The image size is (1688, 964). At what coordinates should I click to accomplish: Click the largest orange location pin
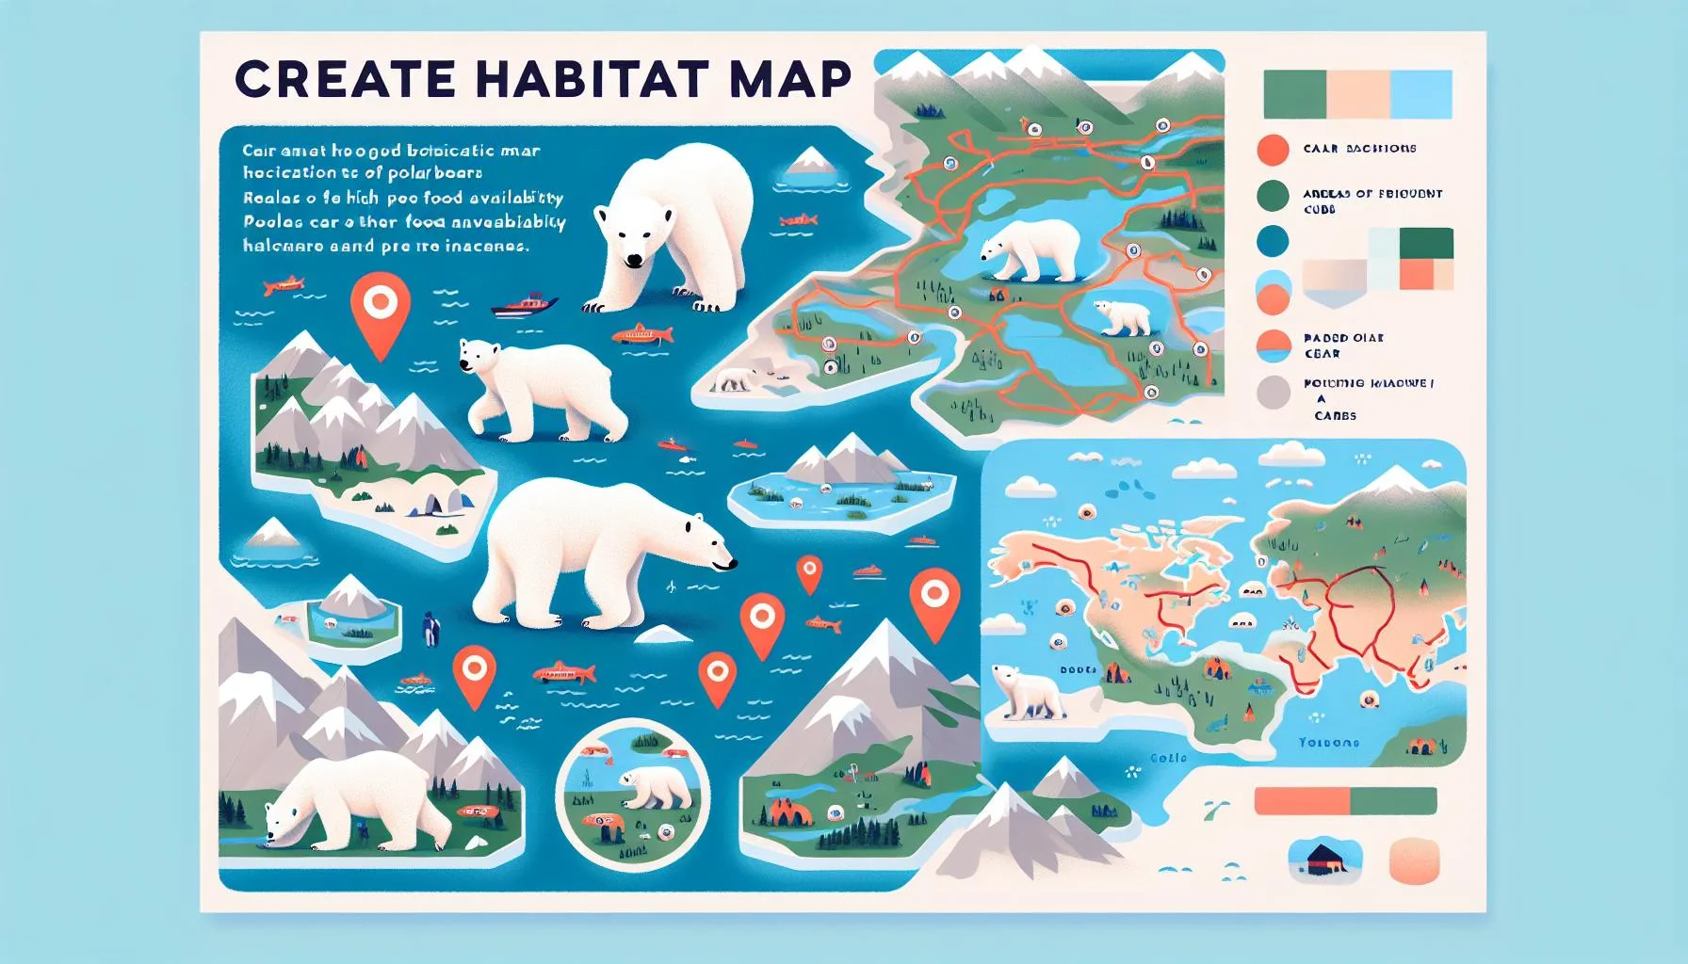click(x=380, y=311)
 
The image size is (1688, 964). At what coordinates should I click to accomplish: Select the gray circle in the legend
click(x=1274, y=393)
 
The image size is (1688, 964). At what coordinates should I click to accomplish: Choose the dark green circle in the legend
click(x=1274, y=196)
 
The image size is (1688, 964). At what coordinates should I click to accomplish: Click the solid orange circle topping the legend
click(x=1274, y=150)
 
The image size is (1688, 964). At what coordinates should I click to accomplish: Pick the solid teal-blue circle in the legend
click(x=1274, y=242)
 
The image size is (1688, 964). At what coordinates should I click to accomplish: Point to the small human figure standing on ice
click(x=430, y=628)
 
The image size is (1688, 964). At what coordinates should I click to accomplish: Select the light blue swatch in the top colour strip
click(x=1420, y=94)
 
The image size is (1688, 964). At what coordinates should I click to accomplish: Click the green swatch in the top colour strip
click(x=1294, y=94)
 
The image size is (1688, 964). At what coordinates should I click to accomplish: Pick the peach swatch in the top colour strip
click(x=1358, y=94)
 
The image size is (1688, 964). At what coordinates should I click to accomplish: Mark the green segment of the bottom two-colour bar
click(x=1393, y=801)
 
